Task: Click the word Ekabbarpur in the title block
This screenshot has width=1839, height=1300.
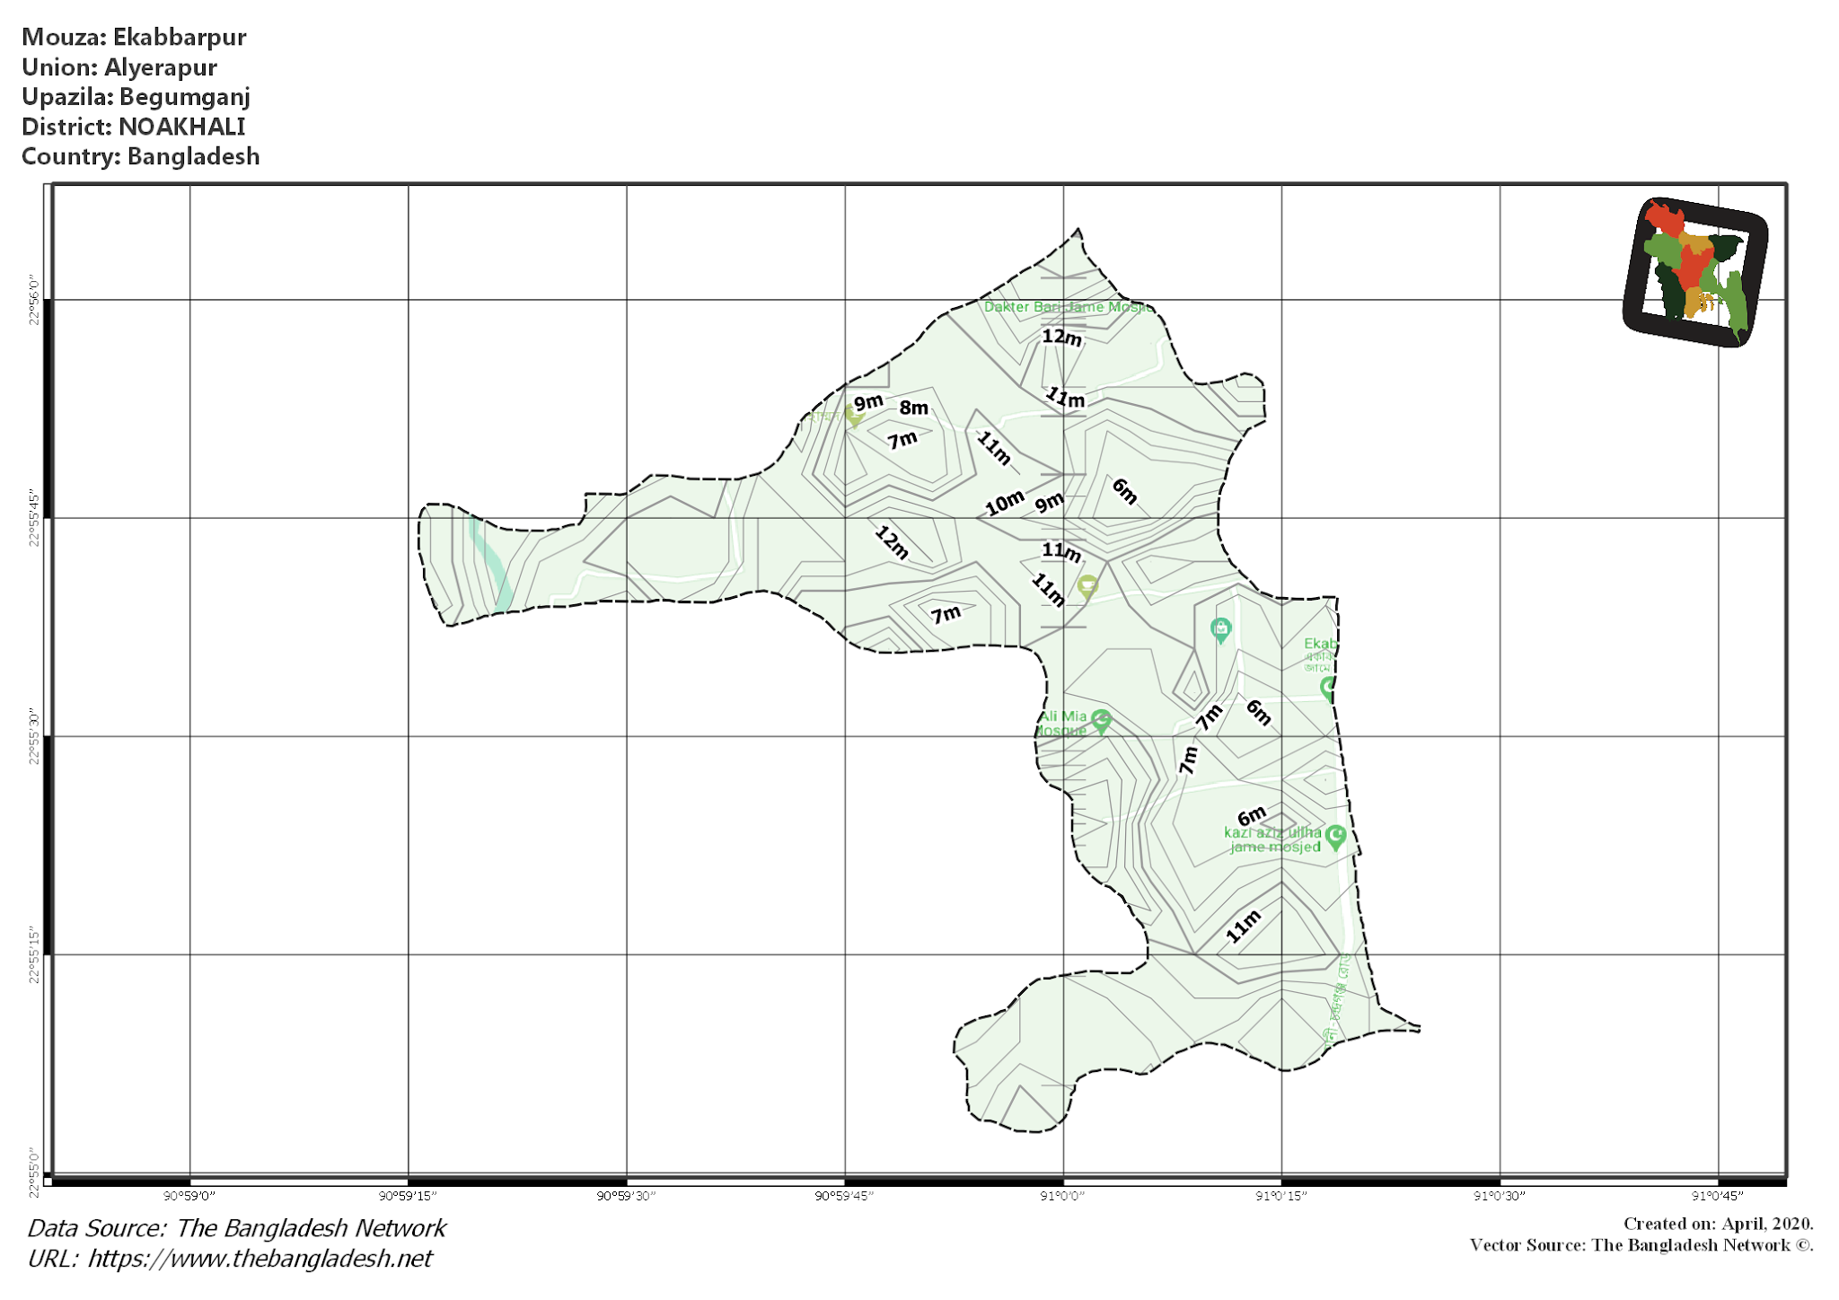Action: pos(179,37)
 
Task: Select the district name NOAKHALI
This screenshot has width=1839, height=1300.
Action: pos(181,127)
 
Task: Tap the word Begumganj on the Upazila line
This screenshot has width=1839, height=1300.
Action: pos(184,97)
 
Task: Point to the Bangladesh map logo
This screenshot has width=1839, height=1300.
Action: pos(1694,272)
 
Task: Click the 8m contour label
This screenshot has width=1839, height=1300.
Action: pos(913,408)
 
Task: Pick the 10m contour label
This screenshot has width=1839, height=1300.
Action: pos(1004,503)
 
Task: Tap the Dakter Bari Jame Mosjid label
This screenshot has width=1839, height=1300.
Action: pos(1065,307)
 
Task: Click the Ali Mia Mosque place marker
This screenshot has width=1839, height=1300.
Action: pos(1101,720)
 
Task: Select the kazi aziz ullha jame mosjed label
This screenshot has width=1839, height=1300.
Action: pos(1274,839)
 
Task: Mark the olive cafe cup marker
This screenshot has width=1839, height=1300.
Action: pos(1087,586)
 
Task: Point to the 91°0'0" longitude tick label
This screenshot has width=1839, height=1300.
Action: pos(1062,1196)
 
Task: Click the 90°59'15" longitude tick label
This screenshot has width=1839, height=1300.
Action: pos(408,1196)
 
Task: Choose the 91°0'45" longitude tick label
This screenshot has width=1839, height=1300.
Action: pos(1717,1196)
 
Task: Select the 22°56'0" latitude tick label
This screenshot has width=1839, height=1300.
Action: pos(35,301)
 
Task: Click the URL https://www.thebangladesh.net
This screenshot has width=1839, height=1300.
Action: pos(260,1259)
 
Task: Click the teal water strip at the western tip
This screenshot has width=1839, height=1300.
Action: pos(490,561)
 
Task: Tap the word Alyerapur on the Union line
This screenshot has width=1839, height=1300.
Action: pos(161,67)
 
